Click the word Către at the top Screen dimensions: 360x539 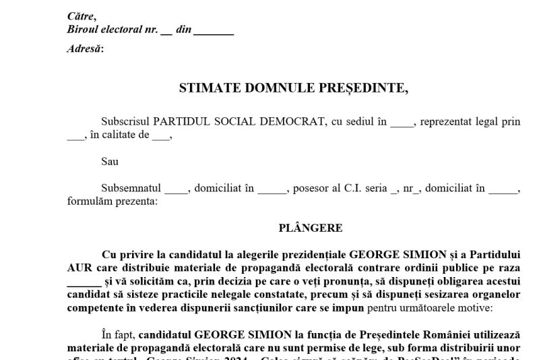[x=82, y=16]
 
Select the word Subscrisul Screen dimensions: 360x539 [x=125, y=122]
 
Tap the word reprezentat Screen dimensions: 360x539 [x=449, y=122]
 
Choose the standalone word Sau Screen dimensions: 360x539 [x=109, y=162]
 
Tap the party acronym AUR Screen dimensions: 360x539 [x=80, y=268]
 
